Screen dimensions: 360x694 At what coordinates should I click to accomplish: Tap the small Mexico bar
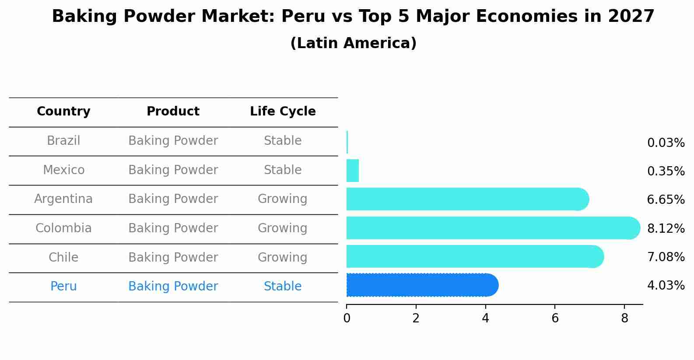(353, 171)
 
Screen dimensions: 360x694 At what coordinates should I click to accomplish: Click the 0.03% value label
(666, 143)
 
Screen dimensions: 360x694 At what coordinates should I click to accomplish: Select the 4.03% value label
(666, 286)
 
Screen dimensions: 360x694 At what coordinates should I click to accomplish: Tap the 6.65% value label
(666, 200)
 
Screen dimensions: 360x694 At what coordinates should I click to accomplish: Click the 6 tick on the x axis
(555, 318)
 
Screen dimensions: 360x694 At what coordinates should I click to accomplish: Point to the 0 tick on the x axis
(347, 318)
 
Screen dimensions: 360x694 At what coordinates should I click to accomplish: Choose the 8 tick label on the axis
(624, 318)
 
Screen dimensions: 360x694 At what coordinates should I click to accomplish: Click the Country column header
(63, 112)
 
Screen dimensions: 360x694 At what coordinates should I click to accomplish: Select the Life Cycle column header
(283, 112)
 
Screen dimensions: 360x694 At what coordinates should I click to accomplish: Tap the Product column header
(173, 112)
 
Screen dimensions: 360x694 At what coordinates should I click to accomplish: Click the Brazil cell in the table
(63, 141)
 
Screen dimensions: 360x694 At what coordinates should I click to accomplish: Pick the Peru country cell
(63, 287)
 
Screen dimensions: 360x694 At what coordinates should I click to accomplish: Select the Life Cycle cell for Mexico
(283, 170)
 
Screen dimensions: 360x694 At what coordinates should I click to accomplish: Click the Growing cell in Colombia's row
(283, 228)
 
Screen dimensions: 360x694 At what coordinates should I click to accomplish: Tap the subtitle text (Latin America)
(353, 43)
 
